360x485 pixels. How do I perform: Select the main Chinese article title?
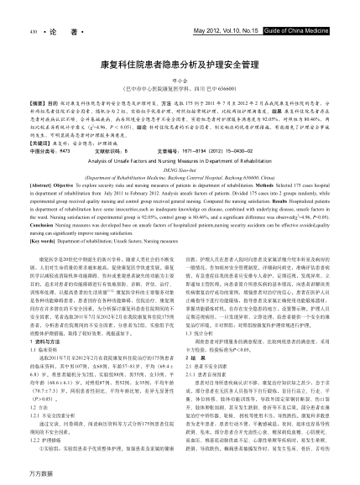(180, 64)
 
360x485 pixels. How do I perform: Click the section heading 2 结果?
(196, 363)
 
